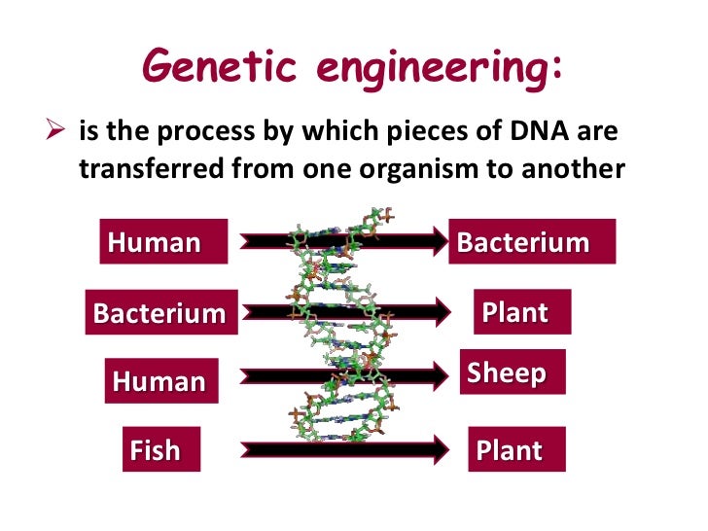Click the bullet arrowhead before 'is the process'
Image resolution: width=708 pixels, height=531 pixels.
coord(54,130)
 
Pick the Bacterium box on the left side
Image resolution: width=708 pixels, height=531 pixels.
coord(160,313)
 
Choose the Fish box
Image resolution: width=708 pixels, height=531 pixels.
coord(160,449)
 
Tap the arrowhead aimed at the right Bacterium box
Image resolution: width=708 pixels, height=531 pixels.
coord(434,242)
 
